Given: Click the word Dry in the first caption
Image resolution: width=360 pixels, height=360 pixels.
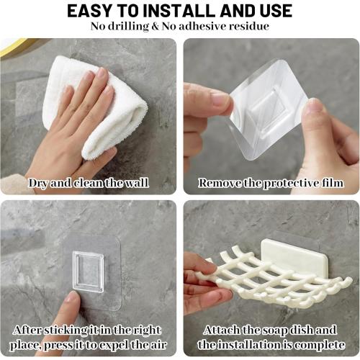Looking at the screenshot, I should point(40,183).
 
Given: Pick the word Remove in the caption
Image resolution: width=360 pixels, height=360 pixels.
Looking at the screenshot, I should point(220,183).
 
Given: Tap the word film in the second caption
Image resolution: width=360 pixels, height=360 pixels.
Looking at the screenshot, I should point(330,183).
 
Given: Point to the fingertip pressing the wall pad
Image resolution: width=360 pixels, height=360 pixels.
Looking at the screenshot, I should point(73,299).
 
